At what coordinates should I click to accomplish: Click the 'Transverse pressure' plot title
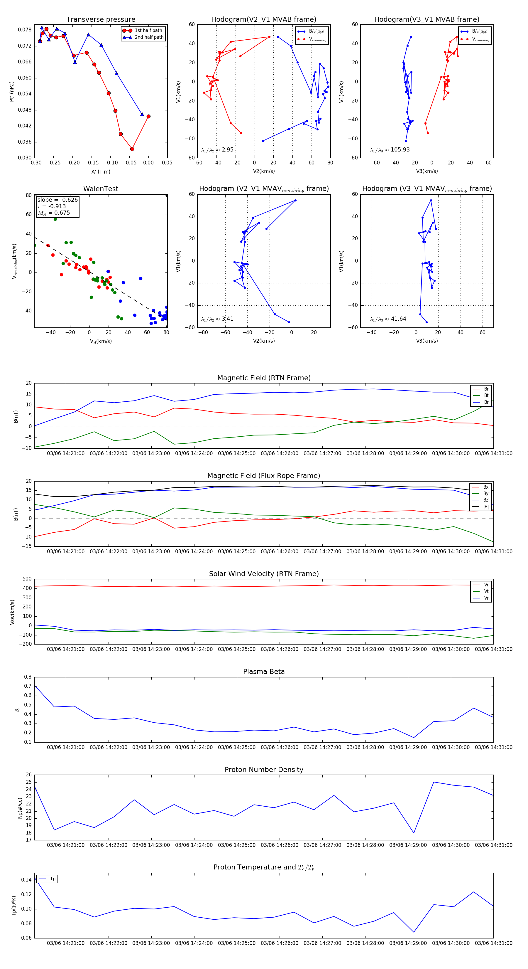[101, 20]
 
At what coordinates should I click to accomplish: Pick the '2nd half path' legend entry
[149, 37]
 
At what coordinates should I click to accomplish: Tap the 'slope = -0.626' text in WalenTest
[57, 200]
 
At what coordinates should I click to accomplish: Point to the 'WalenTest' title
[101, 189]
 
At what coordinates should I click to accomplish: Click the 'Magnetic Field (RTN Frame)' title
[264, 378]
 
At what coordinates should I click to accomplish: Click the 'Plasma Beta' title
[264, 672]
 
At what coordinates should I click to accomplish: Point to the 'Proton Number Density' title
[264, 770]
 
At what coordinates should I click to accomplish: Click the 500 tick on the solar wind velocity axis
[27, 579]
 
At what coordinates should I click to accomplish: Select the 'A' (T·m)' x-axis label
[101, 172]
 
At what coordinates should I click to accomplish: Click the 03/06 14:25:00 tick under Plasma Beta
[237, 747]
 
